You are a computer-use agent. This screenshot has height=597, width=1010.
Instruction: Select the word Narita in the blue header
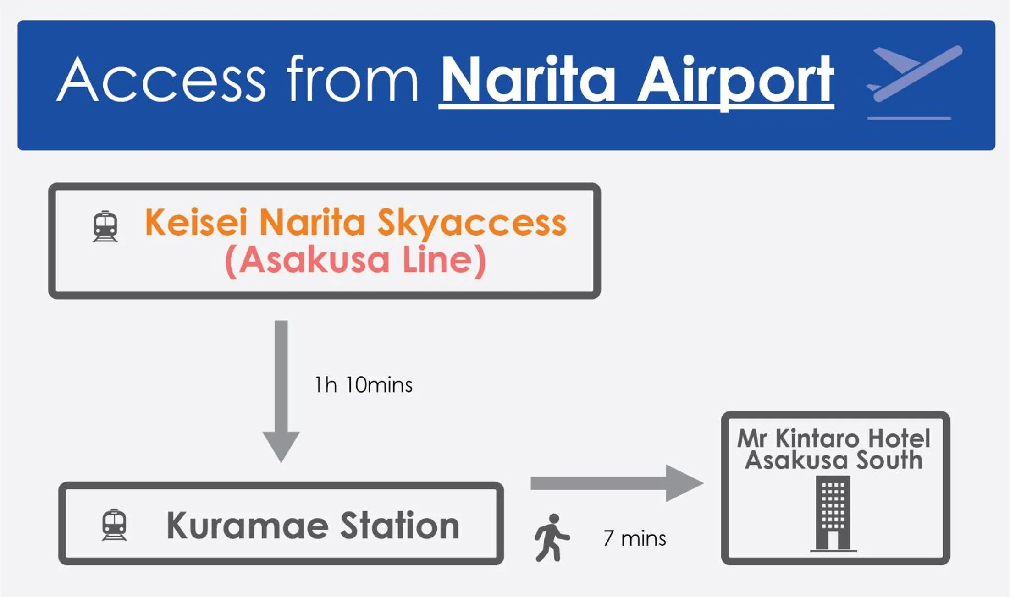click(x=527, y=80)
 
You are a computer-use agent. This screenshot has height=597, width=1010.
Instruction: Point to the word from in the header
click(x=352, y=79)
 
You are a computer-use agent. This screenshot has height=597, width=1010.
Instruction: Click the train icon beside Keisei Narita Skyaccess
click(x=105, y=226)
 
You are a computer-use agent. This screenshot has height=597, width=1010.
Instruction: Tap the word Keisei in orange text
click(x=196, y=223)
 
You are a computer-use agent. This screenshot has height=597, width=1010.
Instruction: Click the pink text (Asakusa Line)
click(x=355, y=260)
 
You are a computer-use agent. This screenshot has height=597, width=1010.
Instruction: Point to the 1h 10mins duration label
click(x=363, y=385)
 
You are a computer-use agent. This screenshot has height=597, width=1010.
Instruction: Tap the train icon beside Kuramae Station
click(x=114, y=525)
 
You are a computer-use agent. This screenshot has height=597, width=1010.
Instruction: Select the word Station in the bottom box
click(x=400, y=526)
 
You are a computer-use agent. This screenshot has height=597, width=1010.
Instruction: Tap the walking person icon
click(x=552, y=537)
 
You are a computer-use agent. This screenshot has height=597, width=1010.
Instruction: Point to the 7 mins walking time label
click(x=635, y=539)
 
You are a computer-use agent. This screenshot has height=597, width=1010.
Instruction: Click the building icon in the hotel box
click(x=833, y=513)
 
